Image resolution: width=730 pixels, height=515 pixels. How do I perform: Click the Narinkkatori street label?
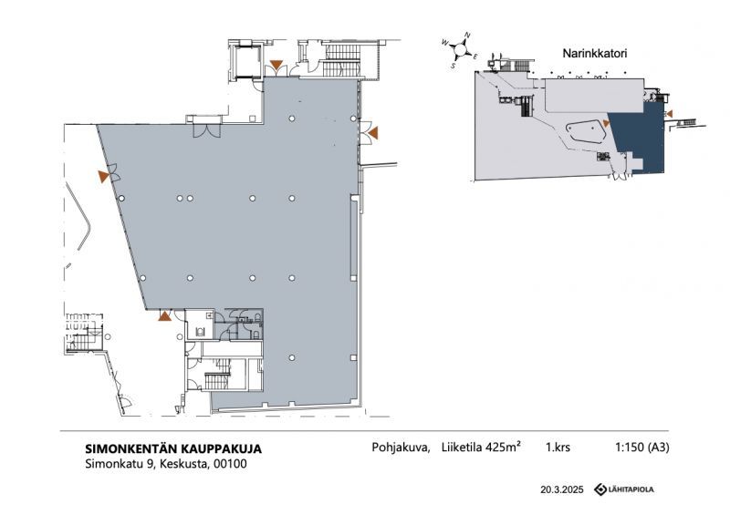595,53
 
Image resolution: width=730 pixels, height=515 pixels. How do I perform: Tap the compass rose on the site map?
460,49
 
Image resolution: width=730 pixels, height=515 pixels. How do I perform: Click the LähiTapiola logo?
624,489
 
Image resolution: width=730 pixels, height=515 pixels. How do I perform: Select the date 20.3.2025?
561,489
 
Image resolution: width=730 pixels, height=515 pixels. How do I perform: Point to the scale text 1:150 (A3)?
642,447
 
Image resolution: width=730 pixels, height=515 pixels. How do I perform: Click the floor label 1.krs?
558,447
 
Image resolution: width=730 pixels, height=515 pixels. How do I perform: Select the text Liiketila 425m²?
481,447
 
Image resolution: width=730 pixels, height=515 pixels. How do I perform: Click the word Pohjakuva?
401,448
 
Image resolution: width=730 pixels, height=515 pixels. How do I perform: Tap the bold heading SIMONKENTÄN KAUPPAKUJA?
173,449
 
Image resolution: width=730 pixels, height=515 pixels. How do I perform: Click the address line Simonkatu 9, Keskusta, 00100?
166,464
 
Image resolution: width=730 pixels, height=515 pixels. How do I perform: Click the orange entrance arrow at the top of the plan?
277,65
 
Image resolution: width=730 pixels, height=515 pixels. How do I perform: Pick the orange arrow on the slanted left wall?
103,176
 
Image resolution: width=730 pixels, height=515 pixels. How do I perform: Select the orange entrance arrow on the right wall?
372,133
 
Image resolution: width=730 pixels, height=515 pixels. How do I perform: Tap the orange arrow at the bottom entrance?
164,316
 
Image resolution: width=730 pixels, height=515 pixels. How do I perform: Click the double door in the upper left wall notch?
207,130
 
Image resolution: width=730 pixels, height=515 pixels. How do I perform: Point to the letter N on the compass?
467,36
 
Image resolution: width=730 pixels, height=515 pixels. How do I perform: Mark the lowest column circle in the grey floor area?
292,357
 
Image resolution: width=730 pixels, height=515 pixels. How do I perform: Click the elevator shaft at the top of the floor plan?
246,62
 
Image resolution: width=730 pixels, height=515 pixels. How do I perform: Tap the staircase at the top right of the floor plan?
341,59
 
